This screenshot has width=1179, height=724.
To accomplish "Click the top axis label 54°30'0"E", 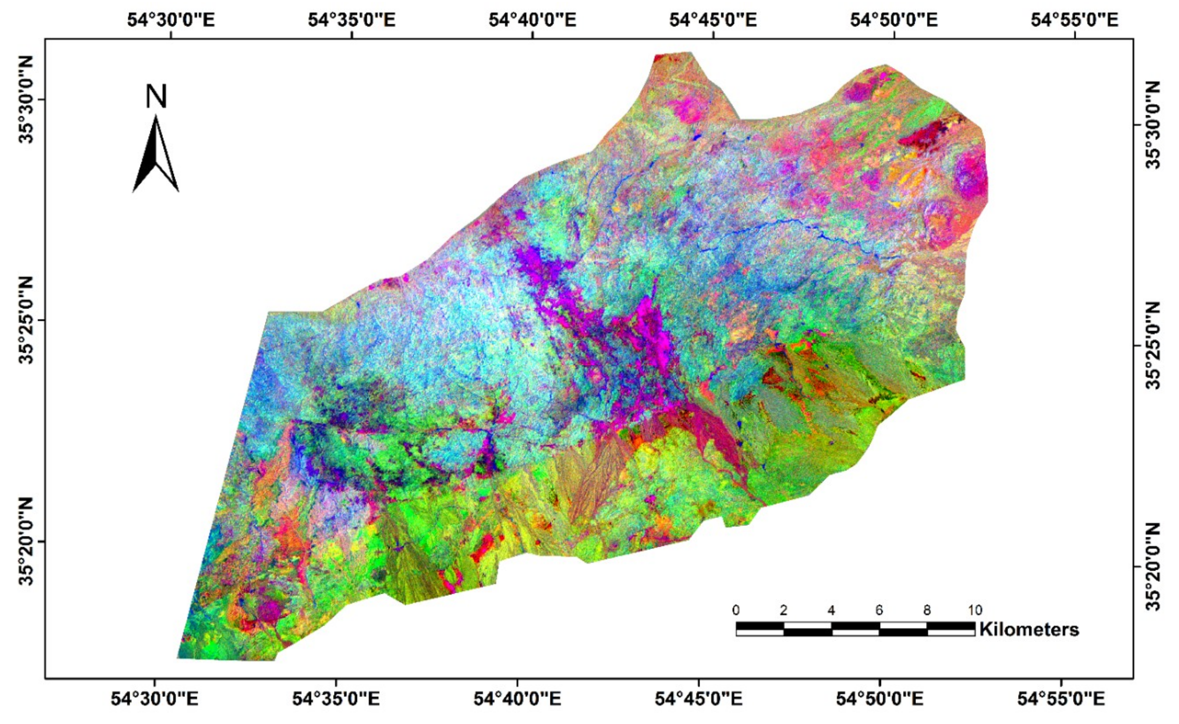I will pos(171,20).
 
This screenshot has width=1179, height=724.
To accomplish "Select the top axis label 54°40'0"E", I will pos(532,20).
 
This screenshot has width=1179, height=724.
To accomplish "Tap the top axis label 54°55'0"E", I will pos(1074,20).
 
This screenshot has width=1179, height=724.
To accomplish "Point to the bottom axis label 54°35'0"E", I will pos(336,699).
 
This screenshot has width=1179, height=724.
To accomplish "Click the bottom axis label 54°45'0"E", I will pos(698,699).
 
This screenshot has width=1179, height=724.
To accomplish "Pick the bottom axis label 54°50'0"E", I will pos(880,699).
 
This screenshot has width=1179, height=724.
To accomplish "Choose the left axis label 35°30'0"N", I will pos(26,100).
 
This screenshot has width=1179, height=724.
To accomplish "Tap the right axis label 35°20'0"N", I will pos(1154,566).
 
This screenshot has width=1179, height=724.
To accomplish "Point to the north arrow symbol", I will pos(156,154).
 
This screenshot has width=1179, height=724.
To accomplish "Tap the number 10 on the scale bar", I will pos(975,610).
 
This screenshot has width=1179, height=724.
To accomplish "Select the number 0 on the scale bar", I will pos(736,610).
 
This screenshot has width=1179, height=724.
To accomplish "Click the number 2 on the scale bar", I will pos(784,610).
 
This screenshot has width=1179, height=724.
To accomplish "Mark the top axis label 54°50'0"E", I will pos(894,20).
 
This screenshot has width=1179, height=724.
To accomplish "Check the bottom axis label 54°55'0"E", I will pos(1061,699).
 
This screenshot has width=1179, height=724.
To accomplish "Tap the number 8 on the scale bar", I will pos(927,610).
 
